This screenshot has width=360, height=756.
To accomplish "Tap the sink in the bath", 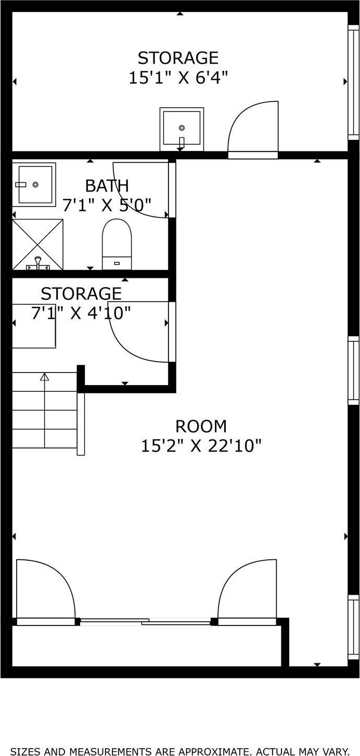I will coord(34,184).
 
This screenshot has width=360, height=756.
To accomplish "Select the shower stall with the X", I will coord(37,245).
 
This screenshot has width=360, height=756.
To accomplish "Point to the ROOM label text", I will coord(201,427).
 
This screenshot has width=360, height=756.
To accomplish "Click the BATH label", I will coord(107,186).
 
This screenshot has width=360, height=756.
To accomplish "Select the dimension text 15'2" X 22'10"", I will coord(201,446).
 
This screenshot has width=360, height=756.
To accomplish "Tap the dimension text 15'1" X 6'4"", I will coord(178,78).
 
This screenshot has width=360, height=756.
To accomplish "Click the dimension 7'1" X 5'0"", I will coord(107,206).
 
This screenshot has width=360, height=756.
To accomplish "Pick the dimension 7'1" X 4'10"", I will coord(81,313).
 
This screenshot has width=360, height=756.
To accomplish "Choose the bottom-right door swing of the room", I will coord(248,591).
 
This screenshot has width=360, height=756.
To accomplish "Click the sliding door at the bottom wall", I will coord(146,621).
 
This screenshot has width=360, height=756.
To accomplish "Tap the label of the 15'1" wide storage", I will coord(178,57).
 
